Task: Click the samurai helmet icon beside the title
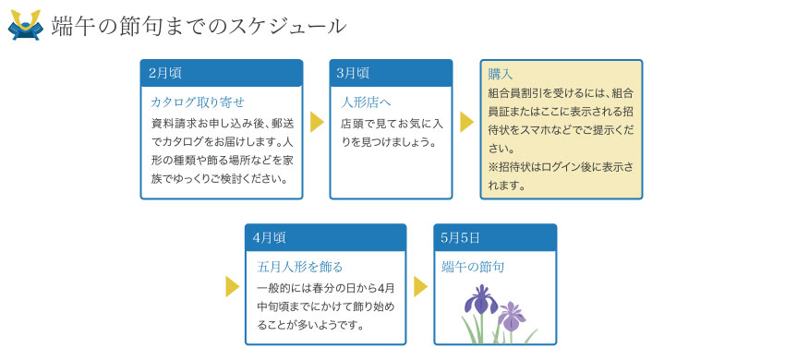coord(25,25)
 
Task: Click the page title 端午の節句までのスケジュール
coord(199,26)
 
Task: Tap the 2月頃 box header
coord(222,73)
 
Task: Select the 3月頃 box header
coord(391,73)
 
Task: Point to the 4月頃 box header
coord(325,237)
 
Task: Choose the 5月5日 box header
coord(495,237)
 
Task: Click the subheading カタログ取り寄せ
coord(197,102)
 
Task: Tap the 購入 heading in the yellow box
coord(501,74)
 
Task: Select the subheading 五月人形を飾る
coord(300,267)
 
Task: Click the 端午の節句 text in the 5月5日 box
coord(473,267)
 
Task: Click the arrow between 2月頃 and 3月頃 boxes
coord(317,123)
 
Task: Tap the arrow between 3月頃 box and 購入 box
coord(466,123)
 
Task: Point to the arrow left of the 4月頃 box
coord(232,286)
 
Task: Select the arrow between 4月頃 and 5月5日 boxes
coord(420,286)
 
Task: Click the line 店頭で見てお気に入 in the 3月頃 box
coord(392,123)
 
